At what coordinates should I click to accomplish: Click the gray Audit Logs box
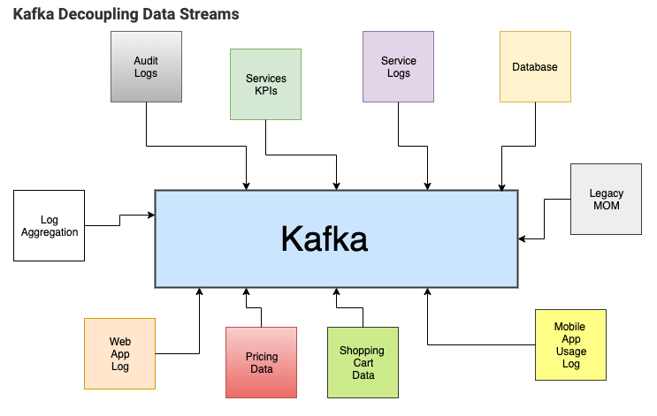[146, 67]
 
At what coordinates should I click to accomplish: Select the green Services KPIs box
[266, 84]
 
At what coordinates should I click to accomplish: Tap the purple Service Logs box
[399, 67]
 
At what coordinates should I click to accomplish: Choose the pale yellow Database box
[535, 67]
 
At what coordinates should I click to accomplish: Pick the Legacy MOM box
[606, 199]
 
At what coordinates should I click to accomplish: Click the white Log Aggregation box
[50, 226]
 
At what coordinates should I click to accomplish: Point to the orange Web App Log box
[120, 353]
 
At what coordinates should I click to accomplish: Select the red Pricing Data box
[261, 362]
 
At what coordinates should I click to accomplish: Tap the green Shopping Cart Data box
[363, 362]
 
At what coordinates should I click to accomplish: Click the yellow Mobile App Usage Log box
[571, 344]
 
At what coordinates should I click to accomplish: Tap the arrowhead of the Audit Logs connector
[247, 185]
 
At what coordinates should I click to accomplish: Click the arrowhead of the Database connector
[502, 185]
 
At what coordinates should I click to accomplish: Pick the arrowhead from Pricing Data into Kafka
[247, 291]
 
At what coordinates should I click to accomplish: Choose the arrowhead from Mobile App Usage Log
[428, 291]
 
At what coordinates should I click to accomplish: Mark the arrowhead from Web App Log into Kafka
[200, 291]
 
